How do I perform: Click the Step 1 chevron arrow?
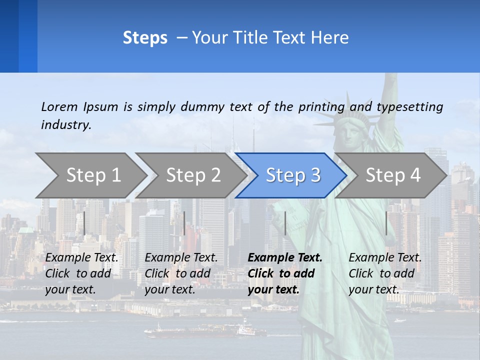[x=93, y=175]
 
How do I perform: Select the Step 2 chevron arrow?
[x=193, y=175]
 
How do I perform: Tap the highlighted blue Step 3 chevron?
[x=293, y=175]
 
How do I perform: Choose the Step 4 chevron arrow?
[x=393, y=175]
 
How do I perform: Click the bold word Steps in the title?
[x=145, y=37]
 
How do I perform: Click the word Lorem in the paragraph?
[x=59, y=106]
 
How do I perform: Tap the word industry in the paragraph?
[x=66, y=124]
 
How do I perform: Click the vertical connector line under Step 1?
[x=84, y=223]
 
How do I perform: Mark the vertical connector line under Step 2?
[x=184, y=223]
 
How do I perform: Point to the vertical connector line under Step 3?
[x=285, y=223]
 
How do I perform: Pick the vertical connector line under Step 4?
[x=386, y=223]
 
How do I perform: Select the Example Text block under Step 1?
[x=81, y=273]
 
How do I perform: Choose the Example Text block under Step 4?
[x=385, y=273]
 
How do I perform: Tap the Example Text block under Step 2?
[x=181, y=273]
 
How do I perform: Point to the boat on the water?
[x=245, y=330]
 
